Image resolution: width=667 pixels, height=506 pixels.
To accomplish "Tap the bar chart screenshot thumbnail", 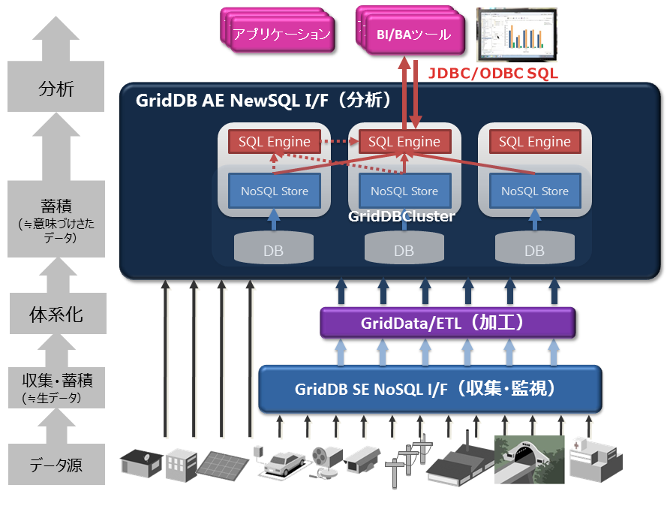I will coord(518,34).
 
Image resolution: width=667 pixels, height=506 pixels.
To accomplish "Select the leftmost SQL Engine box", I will coord(274,141).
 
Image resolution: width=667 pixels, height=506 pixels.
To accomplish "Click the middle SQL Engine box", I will coord(404,141).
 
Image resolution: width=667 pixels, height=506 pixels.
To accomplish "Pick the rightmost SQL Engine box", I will coord(534,141).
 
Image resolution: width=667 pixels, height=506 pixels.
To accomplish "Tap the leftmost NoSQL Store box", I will coord(274,191).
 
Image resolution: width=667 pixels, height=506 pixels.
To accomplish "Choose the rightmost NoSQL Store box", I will coord(534,191).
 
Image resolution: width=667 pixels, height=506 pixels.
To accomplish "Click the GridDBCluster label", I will coord(402,216).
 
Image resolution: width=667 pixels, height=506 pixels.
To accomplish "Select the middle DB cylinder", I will coord(404,248).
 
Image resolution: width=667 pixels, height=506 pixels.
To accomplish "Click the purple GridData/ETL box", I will coord(447,323).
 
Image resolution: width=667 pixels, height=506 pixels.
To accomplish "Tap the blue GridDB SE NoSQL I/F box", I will coord(430,389).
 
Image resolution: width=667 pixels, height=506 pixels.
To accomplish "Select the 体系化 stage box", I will coord(56,314).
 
